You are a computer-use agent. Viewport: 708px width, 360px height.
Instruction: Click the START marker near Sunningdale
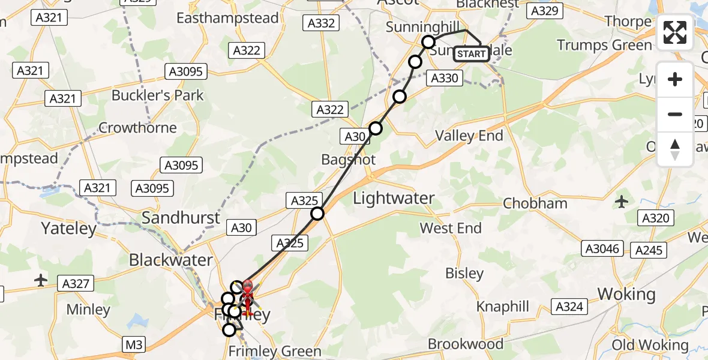click(x=472, y=55)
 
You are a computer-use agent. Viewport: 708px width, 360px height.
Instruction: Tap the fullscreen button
click(x=675, y=32)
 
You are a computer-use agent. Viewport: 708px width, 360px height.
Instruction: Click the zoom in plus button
click(x=675, y=80)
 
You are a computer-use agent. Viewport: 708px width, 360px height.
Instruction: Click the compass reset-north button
click(x=675, y=149)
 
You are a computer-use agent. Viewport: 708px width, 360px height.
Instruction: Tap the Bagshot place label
click(x=348, y=160)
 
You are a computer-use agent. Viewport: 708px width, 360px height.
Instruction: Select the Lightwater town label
click(x=394, y=198)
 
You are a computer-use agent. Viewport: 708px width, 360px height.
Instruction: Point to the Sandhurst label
click(x=181, y=217)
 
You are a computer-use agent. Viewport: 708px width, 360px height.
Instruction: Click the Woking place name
click(x=626, y=294)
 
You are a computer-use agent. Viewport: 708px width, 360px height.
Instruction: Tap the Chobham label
click(x=535, y=203)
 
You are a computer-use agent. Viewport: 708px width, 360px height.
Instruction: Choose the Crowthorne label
click(x=137, y=127)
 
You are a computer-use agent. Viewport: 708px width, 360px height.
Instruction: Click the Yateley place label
click(x=68, y=228)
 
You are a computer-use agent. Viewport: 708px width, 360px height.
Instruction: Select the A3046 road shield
click(x=602, y=248)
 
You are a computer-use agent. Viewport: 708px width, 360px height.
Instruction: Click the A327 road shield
click(x=76, y=283)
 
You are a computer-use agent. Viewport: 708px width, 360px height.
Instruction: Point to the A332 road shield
click(x=321, y=23)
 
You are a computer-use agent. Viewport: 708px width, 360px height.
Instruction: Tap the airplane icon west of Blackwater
click(x=41, y=280)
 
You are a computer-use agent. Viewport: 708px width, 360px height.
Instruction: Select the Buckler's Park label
click(x=157, y=95)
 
